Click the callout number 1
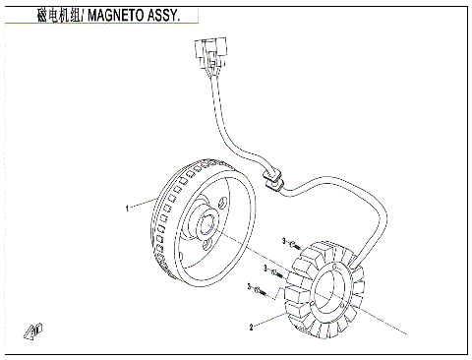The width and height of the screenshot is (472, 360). tap(127, 209)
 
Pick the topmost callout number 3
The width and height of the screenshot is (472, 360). tap(283, 241)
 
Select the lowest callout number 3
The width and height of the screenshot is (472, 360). tap(250, 287)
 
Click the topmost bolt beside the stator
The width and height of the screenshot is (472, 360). tap(294, 242)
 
